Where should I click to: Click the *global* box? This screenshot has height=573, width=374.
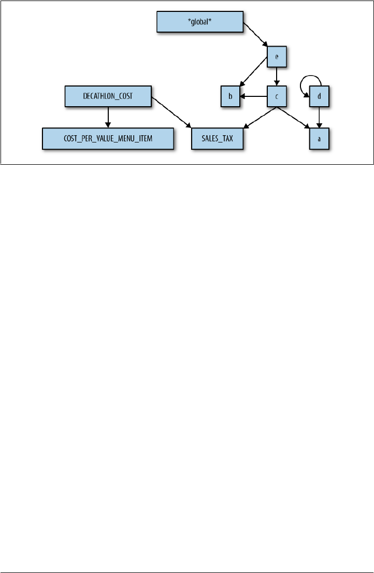tap(199, 23)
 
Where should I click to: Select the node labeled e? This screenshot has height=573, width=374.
tap(277, 56)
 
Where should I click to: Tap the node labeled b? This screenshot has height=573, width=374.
tap(230, 96)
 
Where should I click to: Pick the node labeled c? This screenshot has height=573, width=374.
tap(277, 96)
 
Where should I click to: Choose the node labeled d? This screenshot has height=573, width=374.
tap(319, 96)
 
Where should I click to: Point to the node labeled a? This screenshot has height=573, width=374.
tap(319, 139)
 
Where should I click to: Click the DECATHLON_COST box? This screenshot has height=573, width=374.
tap(108, 96)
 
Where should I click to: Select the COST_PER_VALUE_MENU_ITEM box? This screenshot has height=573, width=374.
tap(107, 139)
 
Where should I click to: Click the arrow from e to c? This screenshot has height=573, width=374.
tap(277, 76)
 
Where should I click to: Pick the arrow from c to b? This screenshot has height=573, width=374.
tap(253, 96)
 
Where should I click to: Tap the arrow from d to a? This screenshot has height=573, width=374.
tap(319, 118)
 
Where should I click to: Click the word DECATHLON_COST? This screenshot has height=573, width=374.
tap(108, 96)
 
